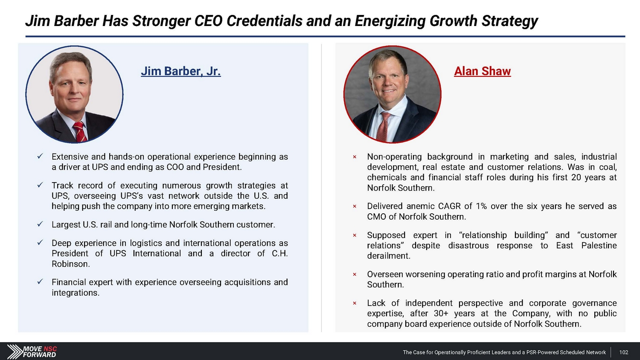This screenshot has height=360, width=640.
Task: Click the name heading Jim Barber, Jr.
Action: (180, 71)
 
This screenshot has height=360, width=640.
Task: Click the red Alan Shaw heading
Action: (482, 71)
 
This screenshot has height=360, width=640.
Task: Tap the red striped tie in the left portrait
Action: (80, 131)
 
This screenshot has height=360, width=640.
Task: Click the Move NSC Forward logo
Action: (32, 351)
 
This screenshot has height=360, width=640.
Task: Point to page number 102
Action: (624, 352)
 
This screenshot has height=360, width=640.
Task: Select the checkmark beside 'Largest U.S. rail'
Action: (40, 224)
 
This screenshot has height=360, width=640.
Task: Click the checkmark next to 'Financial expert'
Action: (40, 282)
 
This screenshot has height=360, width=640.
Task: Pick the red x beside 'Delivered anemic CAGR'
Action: (355, 206)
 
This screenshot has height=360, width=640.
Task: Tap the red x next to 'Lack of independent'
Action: (355, 303)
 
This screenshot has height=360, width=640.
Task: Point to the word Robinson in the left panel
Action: (70, 264)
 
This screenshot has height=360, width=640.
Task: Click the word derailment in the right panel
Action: (389, 256)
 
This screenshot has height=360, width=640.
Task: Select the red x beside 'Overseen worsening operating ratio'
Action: (355, 274)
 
